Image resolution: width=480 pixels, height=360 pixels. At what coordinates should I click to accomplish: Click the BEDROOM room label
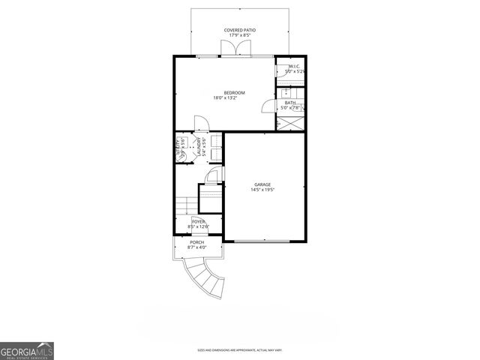click(x=234, y=92)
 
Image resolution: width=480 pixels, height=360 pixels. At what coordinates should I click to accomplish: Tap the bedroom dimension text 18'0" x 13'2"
click(x=234, y=98)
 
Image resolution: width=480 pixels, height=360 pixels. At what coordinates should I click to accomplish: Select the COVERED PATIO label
click(x=240, y=31)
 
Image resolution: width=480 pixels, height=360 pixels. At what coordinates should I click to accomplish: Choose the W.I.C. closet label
click(x=294, y=67)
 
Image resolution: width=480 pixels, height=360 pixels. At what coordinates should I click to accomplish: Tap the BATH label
click(x=289, y=103)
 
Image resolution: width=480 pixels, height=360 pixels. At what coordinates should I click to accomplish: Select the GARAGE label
click(x=262, y=184)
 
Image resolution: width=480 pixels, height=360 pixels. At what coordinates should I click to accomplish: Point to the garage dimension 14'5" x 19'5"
click(x=262, y=190)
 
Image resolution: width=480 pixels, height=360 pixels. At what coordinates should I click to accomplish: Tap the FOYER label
click(x=198, y=222)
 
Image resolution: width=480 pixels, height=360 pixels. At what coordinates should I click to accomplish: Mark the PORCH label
click(x=196, y=242)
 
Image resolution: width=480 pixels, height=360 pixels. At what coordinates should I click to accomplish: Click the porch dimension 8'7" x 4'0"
click(x=196, y=247)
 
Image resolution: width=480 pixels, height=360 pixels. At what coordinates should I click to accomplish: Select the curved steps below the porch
click(x=206, y=277)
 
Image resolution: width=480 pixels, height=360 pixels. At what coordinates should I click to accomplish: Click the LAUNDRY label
click(x=199, y=143)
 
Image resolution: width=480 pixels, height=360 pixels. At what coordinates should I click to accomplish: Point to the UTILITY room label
click(x=179, y=147)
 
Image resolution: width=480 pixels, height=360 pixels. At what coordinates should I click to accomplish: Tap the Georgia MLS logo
click(x=27, y=350)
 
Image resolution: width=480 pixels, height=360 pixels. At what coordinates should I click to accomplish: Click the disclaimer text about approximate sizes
click(x=240, y=349)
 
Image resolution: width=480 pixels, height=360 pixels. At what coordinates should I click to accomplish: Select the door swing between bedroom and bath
click(x=268, y=105)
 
